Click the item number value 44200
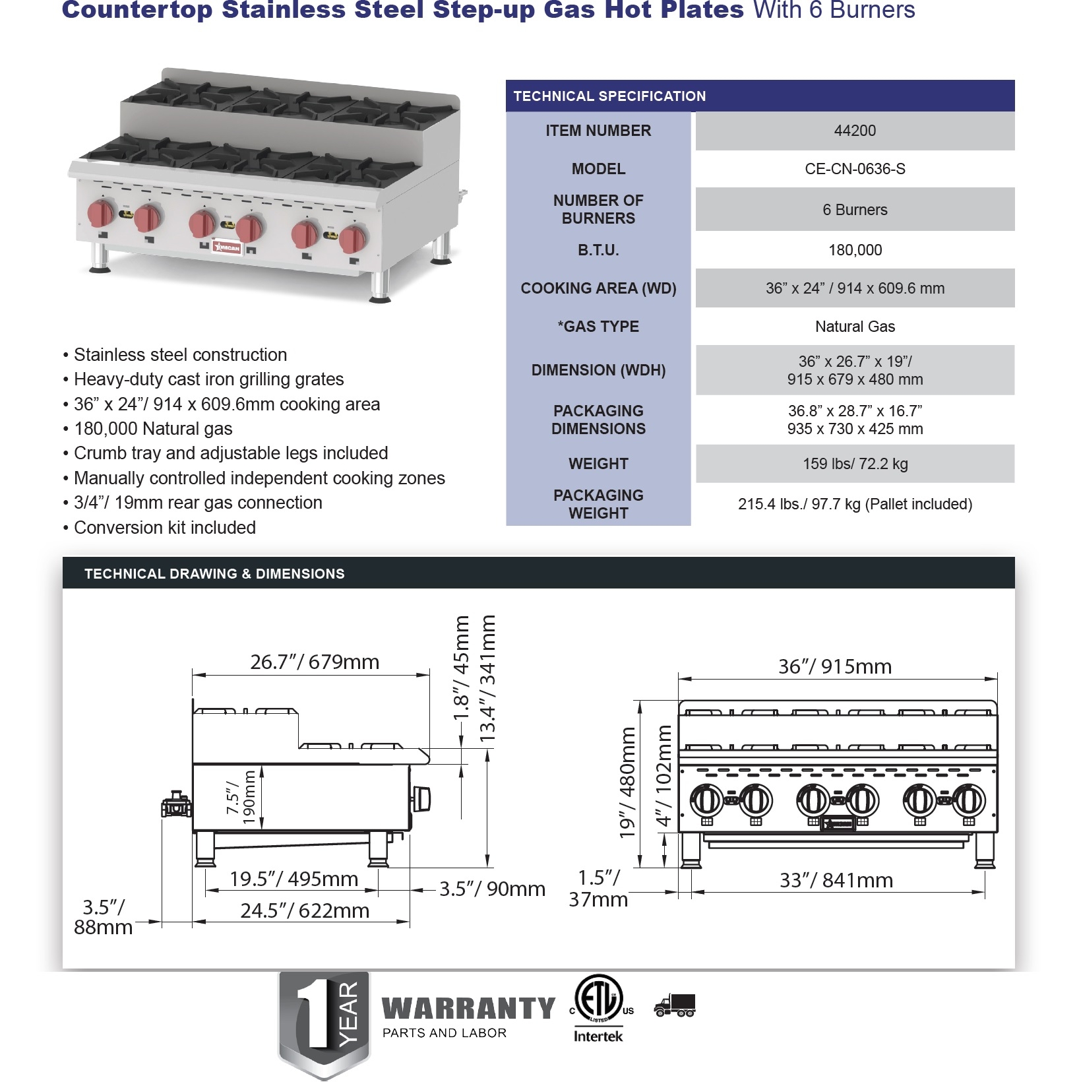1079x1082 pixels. pos(855,131)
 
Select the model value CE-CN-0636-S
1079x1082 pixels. pos(855,169)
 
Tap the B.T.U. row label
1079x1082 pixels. pos(598,250)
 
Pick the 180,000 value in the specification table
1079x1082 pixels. pos(855,250)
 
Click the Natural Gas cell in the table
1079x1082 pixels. pos(855,327)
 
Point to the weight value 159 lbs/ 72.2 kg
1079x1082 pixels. pos(855,464)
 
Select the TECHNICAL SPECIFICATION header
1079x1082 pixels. pos(609,96)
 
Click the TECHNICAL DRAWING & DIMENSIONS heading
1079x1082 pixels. pos(214,574)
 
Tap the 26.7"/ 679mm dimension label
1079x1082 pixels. pos(315,662)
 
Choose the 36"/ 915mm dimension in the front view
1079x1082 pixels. pos(835,666)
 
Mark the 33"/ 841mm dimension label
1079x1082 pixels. pos(836,880)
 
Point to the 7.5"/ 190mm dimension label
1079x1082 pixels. pos(241,798)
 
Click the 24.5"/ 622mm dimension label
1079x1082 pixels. pos(305,910)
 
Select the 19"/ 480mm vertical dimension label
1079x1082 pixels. pos(627,782)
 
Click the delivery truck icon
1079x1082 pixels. pos(675,1005)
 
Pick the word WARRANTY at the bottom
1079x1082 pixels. pos(468,1008)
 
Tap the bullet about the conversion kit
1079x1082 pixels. pos(164,528)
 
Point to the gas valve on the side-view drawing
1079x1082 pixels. pos(177,805)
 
